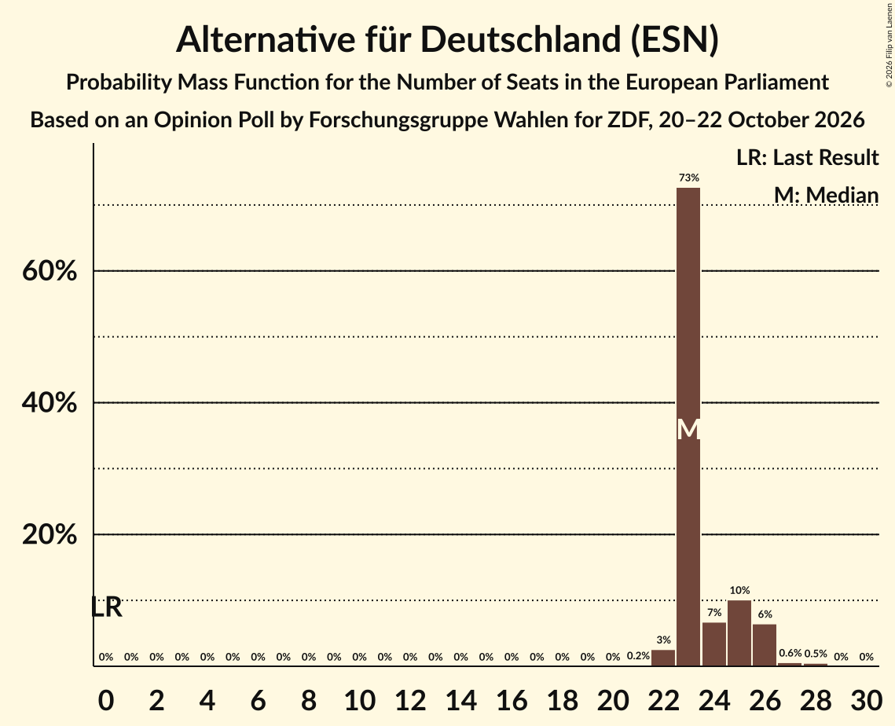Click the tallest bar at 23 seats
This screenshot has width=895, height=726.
click(688, 427)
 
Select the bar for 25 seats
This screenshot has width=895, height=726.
click(739, 633)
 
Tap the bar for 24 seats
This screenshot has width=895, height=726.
click(714, 643)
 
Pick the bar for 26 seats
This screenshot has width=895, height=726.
click(765, 645)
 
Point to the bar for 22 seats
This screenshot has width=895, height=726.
click(663, 658)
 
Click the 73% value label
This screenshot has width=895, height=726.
click(689, 178)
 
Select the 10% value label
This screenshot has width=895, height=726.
click(739, 590)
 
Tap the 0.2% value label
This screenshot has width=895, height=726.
click(638, 656)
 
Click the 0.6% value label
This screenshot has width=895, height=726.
click(790, 653)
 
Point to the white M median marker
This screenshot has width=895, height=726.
click(688, 429)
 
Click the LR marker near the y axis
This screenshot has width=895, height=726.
click(107, 607)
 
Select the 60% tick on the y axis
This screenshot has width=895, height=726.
click(50, 270)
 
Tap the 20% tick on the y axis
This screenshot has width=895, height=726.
click(50, 534)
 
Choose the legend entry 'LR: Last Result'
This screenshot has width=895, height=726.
click(807, 157)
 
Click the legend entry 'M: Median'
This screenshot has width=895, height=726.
click(826, 195)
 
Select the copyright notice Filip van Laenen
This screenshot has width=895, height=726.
click(889, 45)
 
